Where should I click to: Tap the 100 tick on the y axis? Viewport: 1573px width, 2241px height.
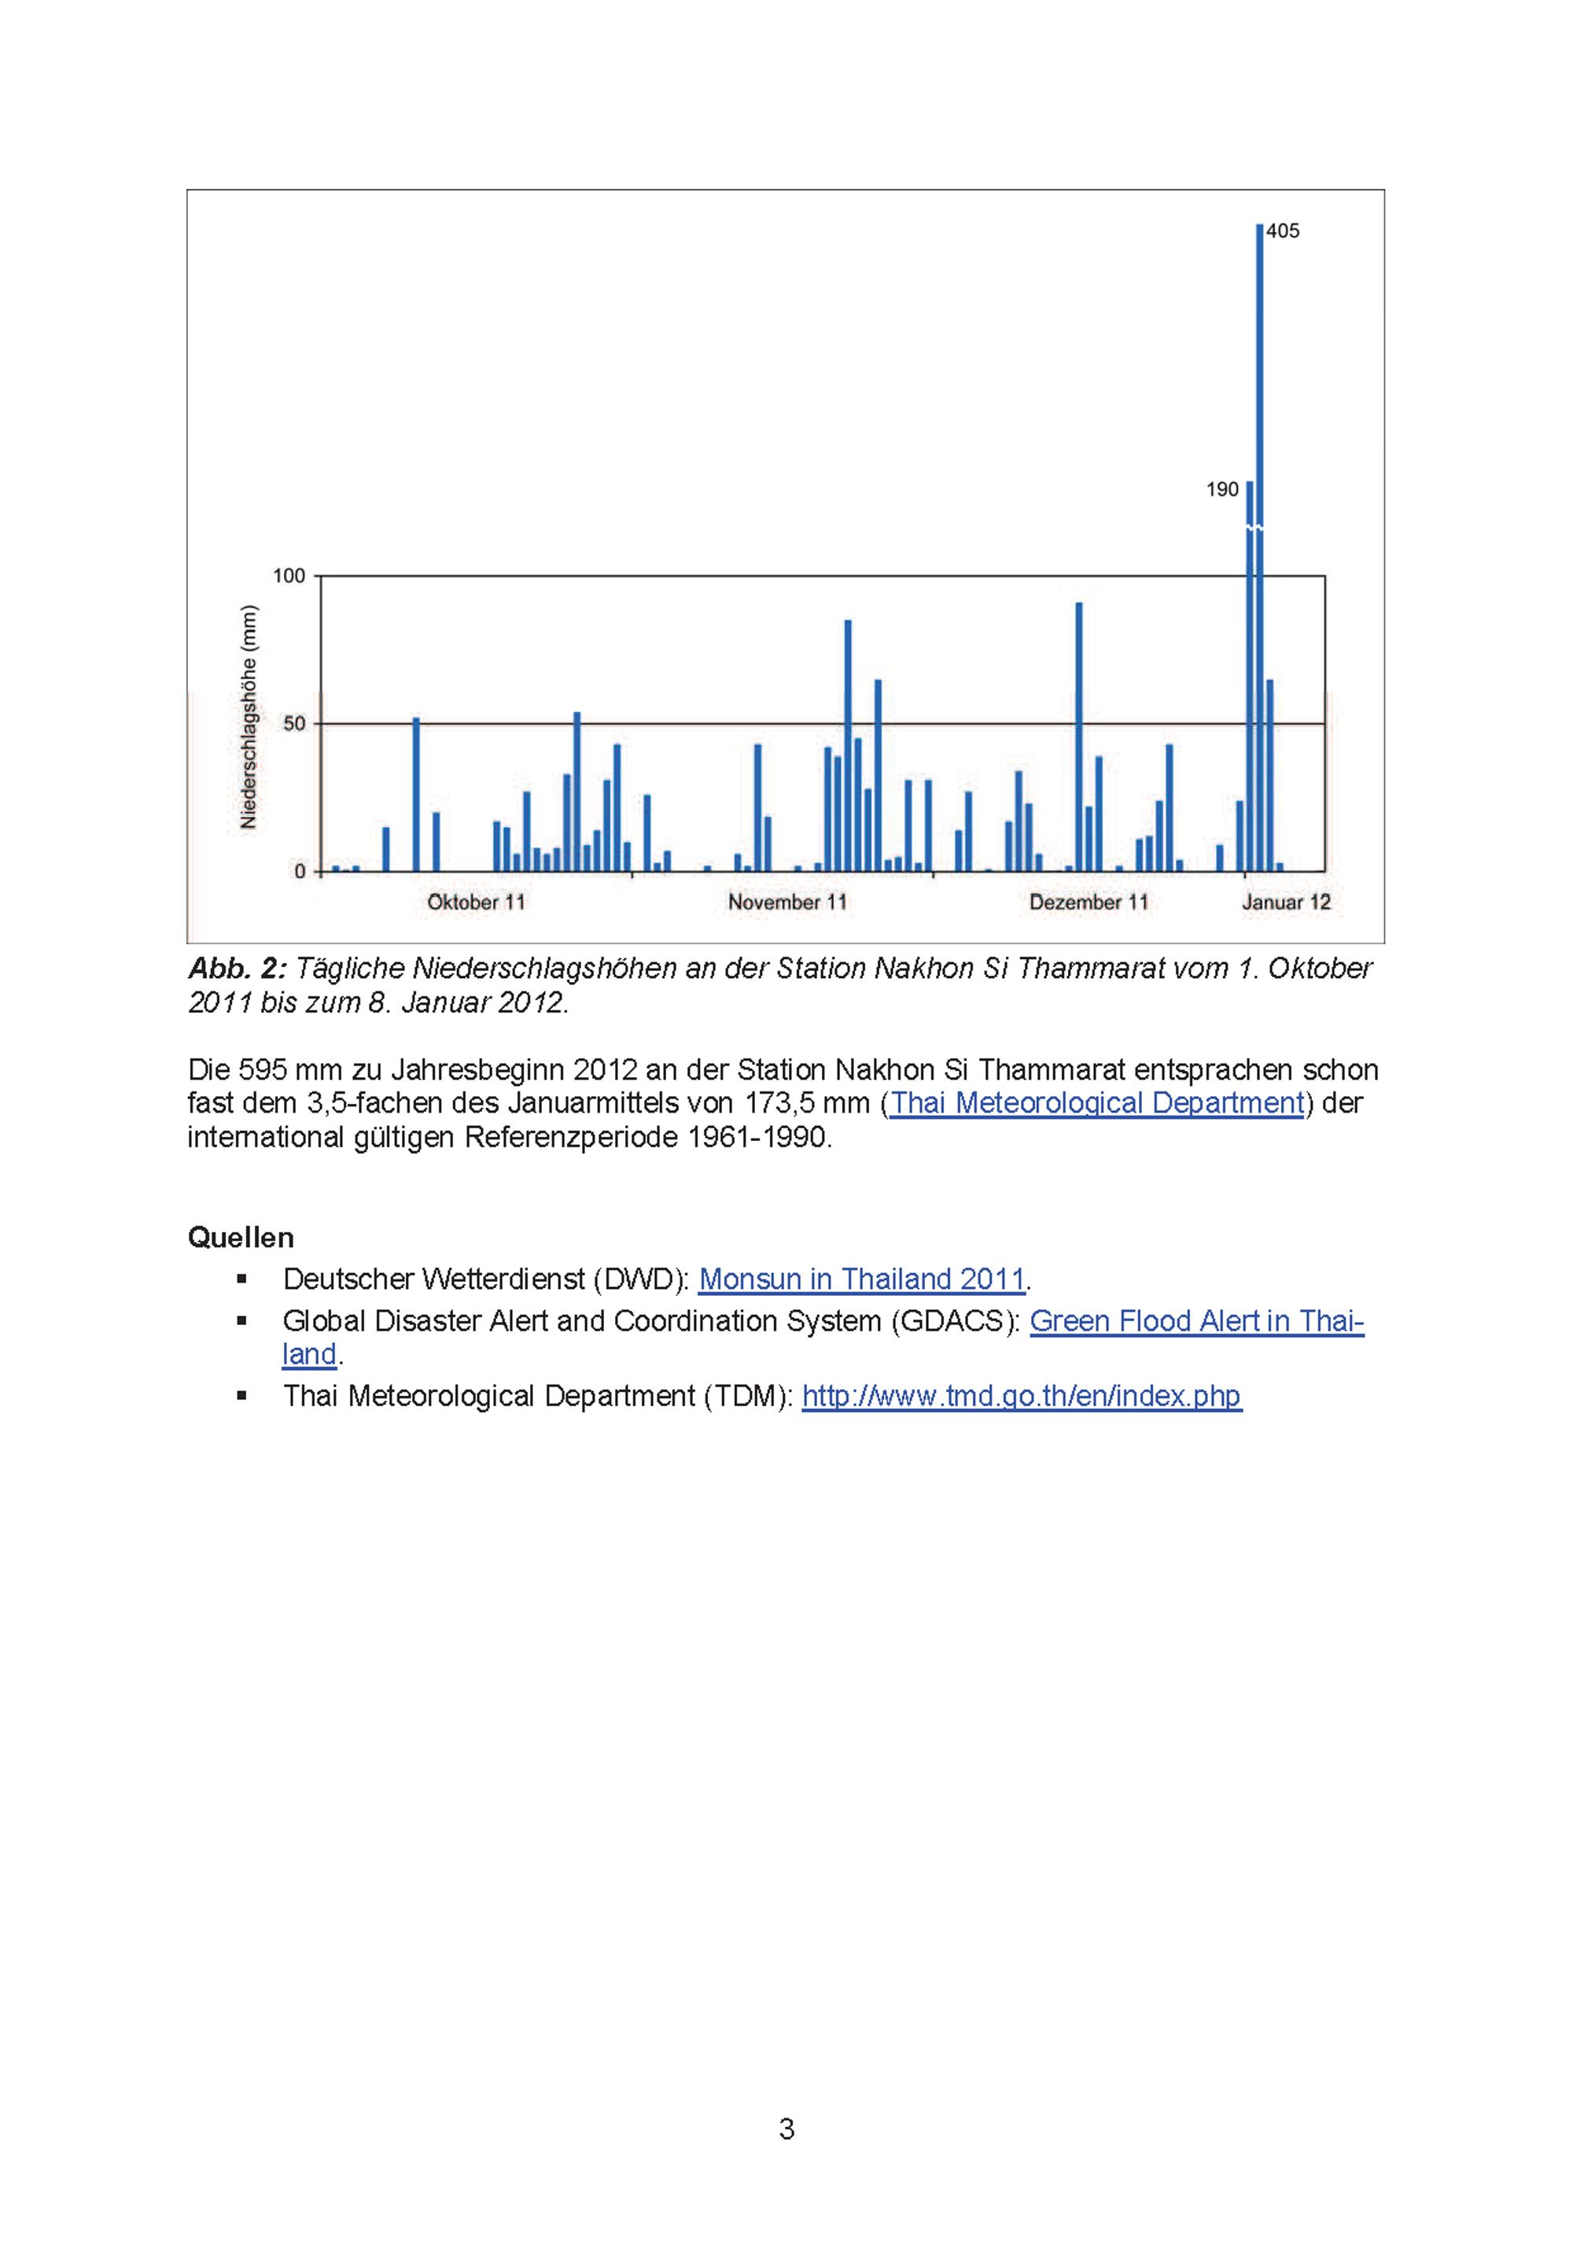[289, 576]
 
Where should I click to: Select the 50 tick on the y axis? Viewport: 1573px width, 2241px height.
[293, 723]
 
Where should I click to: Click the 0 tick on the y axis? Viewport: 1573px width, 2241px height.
[300, 872]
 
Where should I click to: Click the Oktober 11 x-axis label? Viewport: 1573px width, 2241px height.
[476, 902]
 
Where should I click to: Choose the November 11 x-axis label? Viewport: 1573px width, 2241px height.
[787, 902]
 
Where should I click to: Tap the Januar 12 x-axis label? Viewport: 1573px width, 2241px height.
[1286, 902]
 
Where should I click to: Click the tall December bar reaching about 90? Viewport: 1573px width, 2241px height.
[1078, 737]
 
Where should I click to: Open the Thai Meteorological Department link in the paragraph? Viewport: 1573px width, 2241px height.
[1097, 1103]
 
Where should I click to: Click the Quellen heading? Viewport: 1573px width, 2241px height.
[240, 1238]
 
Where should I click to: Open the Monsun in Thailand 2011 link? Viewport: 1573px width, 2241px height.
[862, 1279]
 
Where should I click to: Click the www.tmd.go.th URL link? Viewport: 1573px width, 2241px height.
[1021, 1396]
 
